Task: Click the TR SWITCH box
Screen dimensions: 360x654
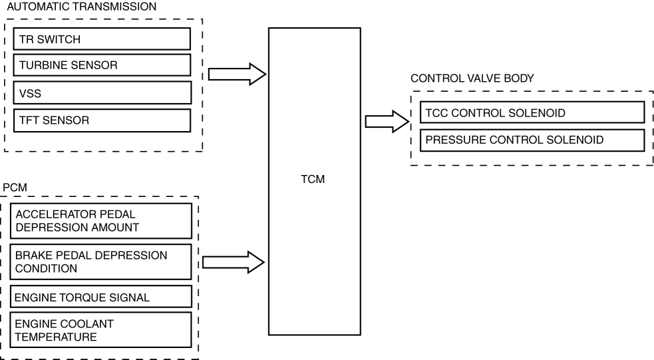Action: tap(102, 39)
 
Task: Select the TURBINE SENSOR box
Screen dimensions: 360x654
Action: tap(102, 65)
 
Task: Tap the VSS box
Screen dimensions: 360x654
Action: tap(102, 92)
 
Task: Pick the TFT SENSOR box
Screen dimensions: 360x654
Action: tap(102, 120)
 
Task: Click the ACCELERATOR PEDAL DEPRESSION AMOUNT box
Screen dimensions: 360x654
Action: tap(102, 221)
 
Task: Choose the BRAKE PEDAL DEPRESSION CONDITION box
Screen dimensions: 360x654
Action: tap(102, 262)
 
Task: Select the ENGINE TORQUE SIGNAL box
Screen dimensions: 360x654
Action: tap(102, 296)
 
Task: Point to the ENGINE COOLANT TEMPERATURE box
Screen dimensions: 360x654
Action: tap(102, 330)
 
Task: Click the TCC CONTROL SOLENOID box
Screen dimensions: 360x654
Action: tap(532, 112)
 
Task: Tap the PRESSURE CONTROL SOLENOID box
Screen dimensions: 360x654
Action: tap(532, 140)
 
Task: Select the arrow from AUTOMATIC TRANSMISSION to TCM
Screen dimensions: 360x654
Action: tap(237, 74)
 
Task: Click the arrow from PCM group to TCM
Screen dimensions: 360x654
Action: tap(234, 262)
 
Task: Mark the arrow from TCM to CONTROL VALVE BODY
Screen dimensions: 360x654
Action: tap(386, 122)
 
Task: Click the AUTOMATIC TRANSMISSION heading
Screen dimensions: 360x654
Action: tap(81, 7)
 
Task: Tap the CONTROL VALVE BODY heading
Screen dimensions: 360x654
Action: tap(472, 78)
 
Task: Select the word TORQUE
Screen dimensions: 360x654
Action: tap(81, 297)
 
